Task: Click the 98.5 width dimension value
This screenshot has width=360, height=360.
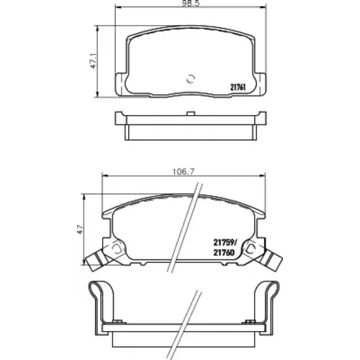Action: pyautogui.click(x=191, y=4)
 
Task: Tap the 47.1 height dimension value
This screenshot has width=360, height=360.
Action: pyautogui.click(x=94, y=61)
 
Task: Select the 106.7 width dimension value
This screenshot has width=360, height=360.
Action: pyautogui.click(x=184, y=172)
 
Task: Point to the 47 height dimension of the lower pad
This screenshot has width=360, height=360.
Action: pyautogui.click(x=80, y=230)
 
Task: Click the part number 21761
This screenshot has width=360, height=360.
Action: pyautogui.click(x=238, y=88)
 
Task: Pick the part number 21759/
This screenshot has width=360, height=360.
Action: pyautogui.click(x=225, y=243)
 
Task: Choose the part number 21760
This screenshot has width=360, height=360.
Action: pyautogui.click(x=223, y=252)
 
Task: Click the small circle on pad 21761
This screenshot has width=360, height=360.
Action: pyautogui.click(x=191, y=78)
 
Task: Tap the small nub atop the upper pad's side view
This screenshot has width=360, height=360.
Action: pyautogui.click(x=190, y=114)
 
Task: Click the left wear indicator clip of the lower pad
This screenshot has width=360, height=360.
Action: pyautogui.click(x=96, y=260)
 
